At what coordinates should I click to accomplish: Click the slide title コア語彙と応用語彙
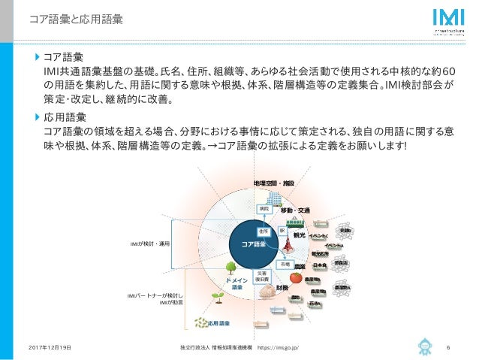[71, 18]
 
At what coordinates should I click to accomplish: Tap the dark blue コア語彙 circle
[253, 244]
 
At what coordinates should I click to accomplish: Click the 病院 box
[264, 208]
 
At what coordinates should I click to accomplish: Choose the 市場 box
[285, 265]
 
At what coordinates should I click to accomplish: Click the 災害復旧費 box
[264, 277]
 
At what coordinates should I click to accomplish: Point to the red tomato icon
[297, 278]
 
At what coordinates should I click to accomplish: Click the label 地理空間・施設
[273, 183]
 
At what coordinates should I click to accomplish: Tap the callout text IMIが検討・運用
[151, 244]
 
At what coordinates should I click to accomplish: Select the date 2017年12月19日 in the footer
[50, 348]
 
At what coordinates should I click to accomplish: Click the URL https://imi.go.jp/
[285, 348]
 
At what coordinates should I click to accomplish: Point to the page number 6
[447, 348]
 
